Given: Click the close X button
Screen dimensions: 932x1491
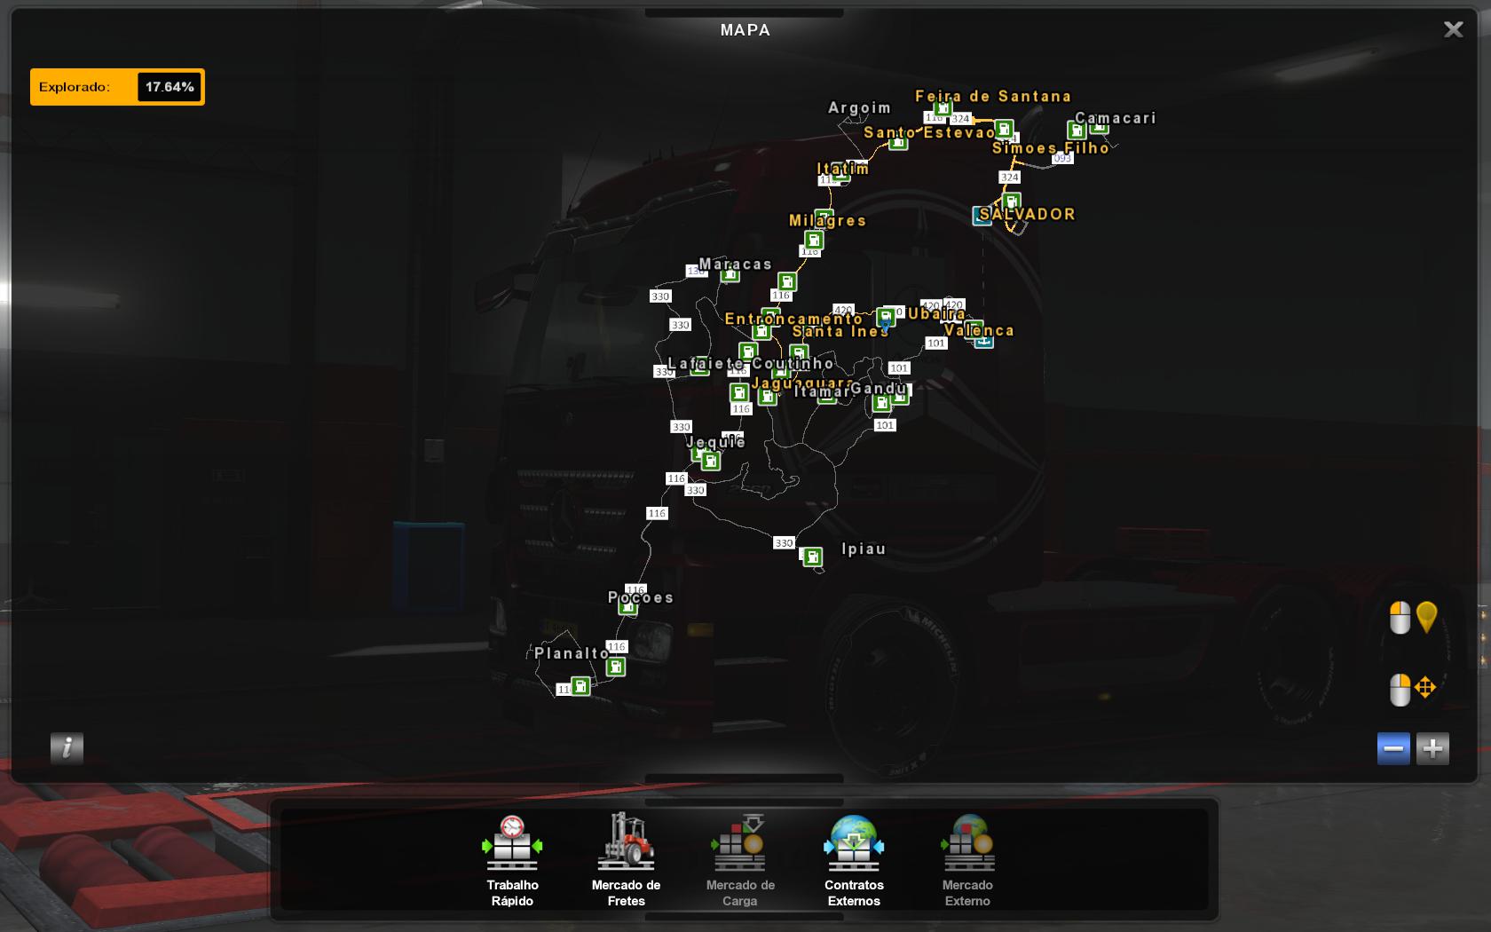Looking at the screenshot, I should [x=1453, y=30].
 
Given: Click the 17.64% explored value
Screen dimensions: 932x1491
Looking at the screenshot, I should [x=170, y=87].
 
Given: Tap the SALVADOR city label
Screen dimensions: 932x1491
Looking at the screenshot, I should [x=1028, y=214].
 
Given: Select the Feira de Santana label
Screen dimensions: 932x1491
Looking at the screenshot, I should [x=993, y=96].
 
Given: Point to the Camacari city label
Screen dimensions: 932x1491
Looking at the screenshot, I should [x=1116, y=118].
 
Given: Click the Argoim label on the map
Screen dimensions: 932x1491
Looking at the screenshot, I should [x=859, y=107].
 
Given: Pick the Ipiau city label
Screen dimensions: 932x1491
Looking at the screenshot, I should [x=864, y=549].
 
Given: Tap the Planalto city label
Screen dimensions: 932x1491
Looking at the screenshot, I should [x=572, y=653].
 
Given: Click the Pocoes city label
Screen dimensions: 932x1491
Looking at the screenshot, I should [x=641, y=597].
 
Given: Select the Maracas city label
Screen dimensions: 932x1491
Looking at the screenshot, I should [x=736, y=264].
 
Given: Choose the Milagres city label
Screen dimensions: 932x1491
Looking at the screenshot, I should [x=827, y=220].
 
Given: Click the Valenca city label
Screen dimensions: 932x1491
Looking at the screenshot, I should [x=979, y=330].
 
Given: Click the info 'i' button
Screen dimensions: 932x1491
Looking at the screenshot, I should [x=67, y=748].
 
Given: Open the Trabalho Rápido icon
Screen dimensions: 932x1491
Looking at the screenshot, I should [x=512, y=842].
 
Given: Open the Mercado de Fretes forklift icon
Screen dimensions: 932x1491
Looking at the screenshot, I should [x=626, y=842].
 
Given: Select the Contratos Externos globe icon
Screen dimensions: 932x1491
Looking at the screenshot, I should [x=854, y=842].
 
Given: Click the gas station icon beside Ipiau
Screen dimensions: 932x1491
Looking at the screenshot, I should [x=812, y=557].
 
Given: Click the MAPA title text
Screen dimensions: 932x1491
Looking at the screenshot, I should [x=745, y=30].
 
